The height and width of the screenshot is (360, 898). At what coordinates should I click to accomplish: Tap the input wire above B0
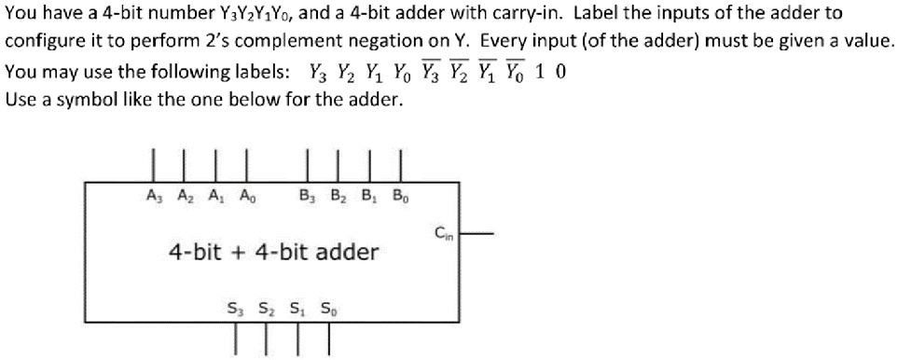pos(400,164)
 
